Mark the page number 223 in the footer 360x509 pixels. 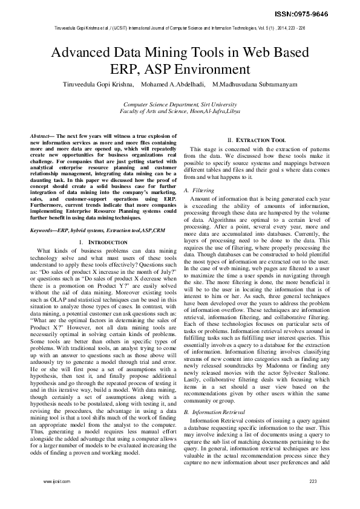(x=313, y=481)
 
